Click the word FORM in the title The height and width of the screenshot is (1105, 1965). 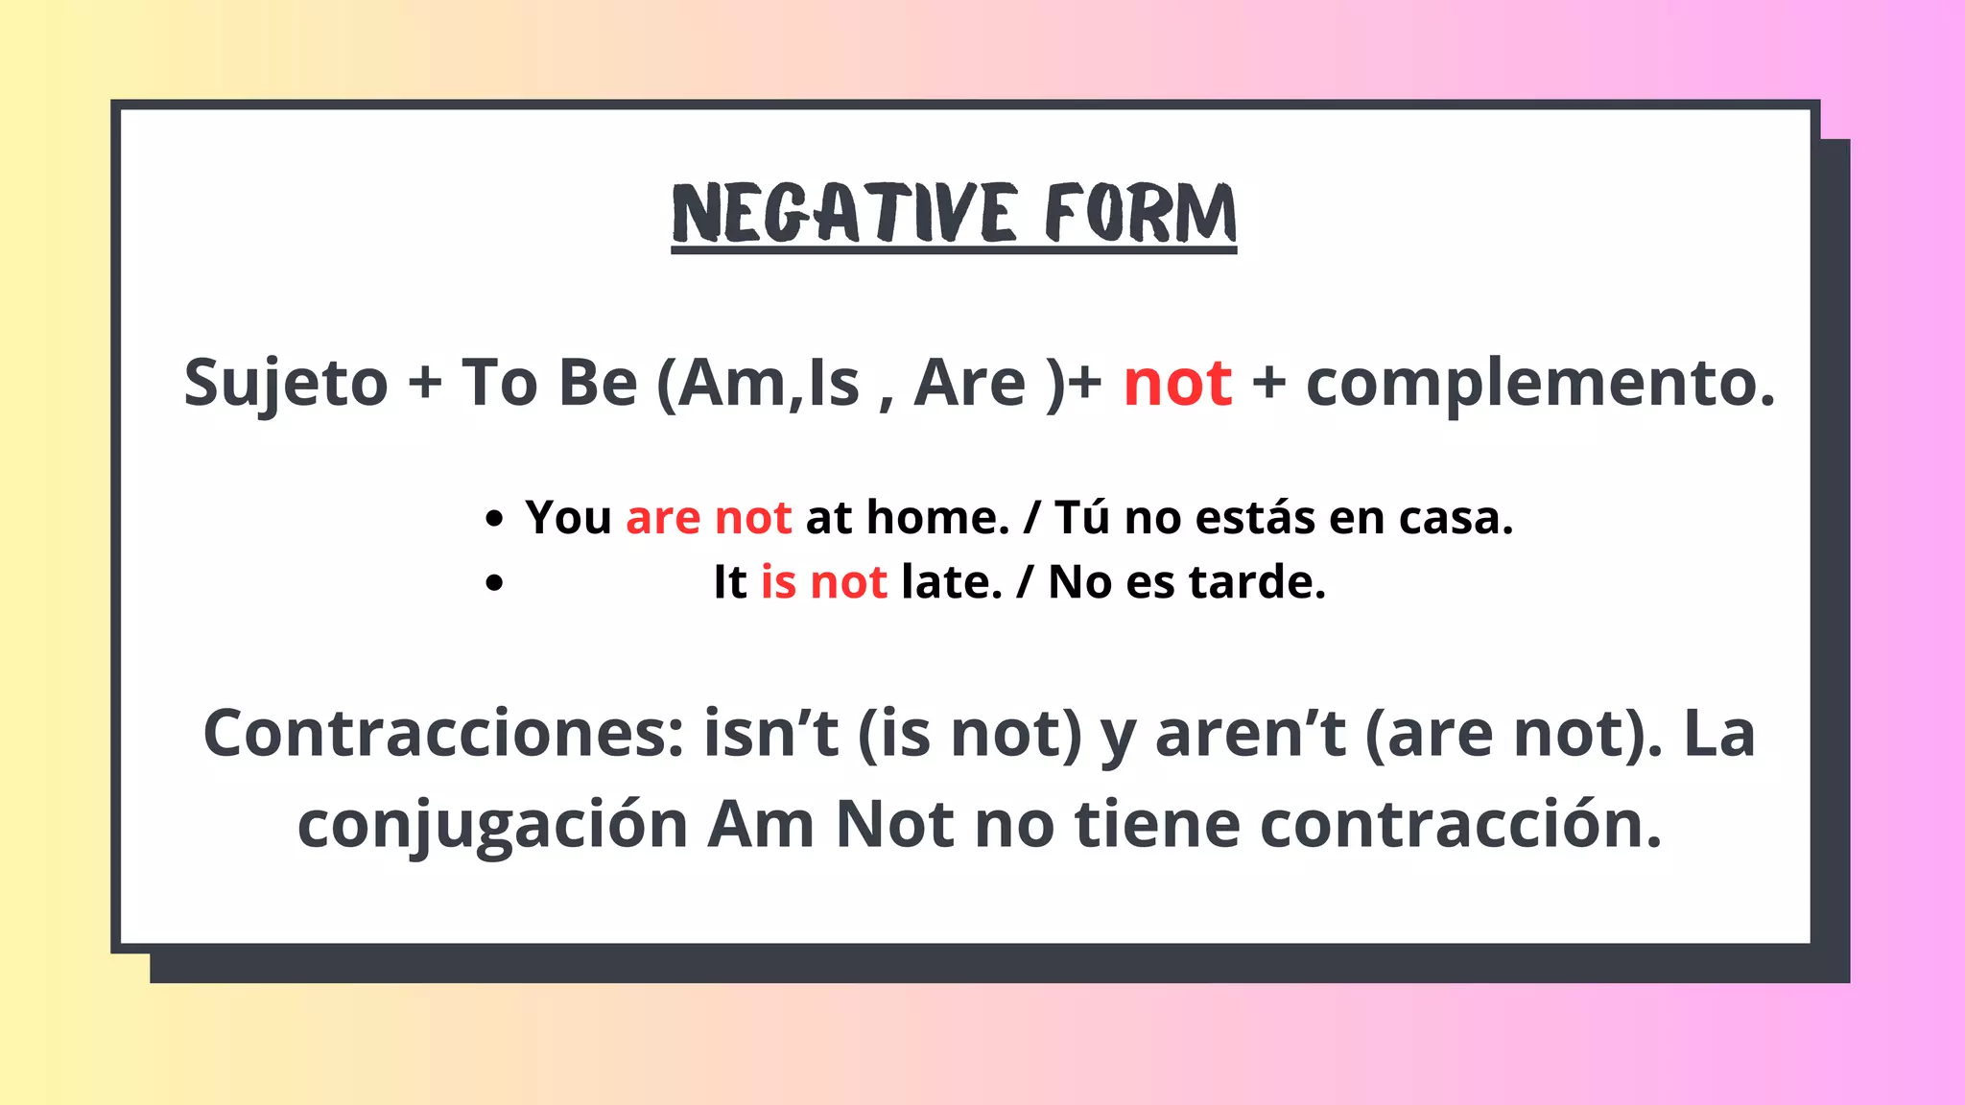coord(1140,213)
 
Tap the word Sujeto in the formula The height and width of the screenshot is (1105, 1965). coord(286,383)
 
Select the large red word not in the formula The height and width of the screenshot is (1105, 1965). coord(1177,383)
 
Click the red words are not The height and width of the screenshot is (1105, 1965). coord(708,518)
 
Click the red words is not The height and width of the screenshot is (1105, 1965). coord(823,582)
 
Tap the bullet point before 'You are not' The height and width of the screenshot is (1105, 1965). coord(494,520)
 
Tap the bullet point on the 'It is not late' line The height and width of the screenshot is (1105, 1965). coord(494,583)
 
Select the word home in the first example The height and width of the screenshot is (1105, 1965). coord(936,518)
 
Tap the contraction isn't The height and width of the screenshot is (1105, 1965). coord(771,734)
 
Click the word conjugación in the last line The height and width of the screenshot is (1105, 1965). coord(492,825)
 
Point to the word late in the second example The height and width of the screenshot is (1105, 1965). coord(951,582)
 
